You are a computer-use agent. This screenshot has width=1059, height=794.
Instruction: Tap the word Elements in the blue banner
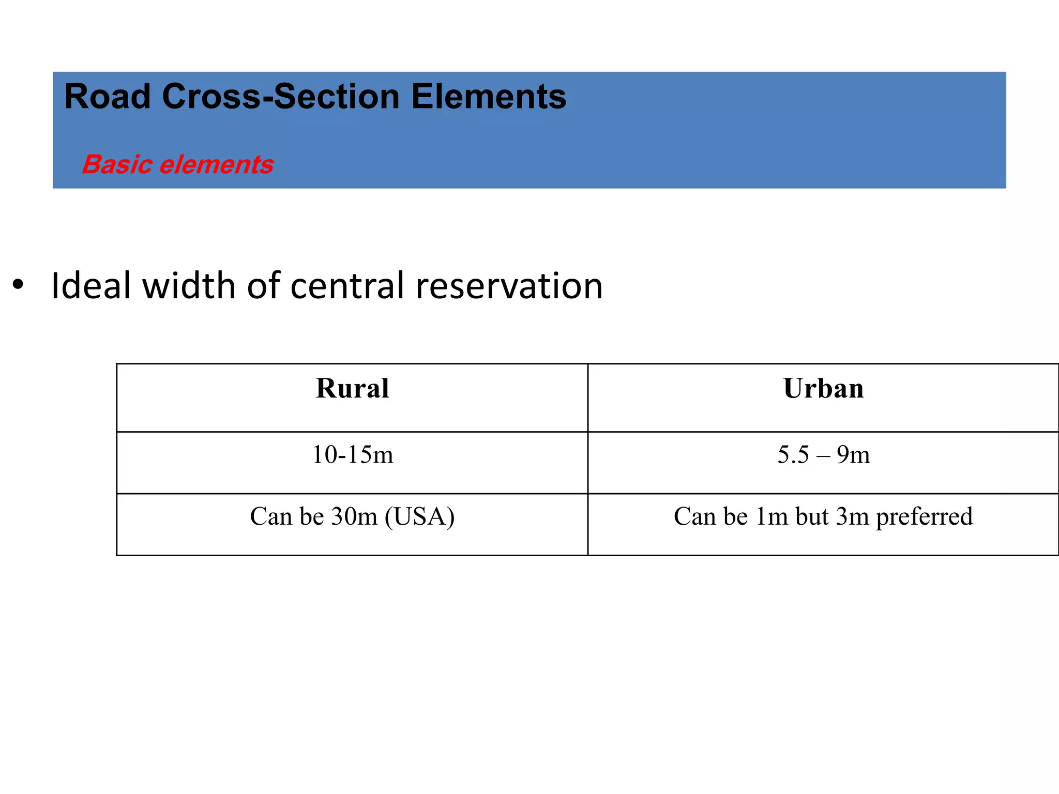pyautogui.click(x=489, y=97)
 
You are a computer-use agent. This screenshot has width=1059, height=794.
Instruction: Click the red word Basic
pyautogui.click(x=118, y=165)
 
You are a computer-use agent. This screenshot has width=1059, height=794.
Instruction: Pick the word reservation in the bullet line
pyautogui.click(x=509, y=286)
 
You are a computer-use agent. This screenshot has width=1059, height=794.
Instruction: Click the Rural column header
pyautogui.click(x=352, y=388)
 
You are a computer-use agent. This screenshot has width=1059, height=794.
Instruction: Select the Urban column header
pyautogui.click(x=823, y=388)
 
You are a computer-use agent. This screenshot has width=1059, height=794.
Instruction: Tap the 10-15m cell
pyautogui.click(x=353, y=455)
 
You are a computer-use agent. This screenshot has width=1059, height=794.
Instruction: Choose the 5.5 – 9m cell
pyautogui.click(x=823, y=455)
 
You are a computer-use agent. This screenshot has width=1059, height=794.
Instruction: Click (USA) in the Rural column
pyautogui.click(x=419, y=516)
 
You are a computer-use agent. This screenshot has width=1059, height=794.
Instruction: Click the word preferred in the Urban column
pyautogui.click(x=924, y=516)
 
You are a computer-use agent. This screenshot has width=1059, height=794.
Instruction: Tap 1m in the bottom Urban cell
pyautogui.click(x=771, y=516)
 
